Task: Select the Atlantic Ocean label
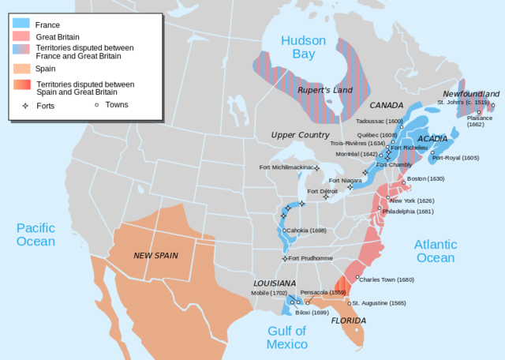(x=435, y=251)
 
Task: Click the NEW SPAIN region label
(x=154, y=255)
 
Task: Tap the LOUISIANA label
(x=275, y=283)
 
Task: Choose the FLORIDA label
(x=348, y=321)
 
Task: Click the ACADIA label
(x=432, y=138)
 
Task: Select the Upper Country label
(x=300, y=135)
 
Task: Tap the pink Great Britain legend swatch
(x=22, y=36)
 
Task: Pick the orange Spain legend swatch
(x=22, y=69)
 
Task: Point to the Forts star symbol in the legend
(x=24, y=104)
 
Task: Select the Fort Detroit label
(x=322, y=191)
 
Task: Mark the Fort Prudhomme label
(x=310, y=258)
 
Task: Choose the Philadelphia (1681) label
(x=407, y=212)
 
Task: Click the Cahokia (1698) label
(x=307, y=231)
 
